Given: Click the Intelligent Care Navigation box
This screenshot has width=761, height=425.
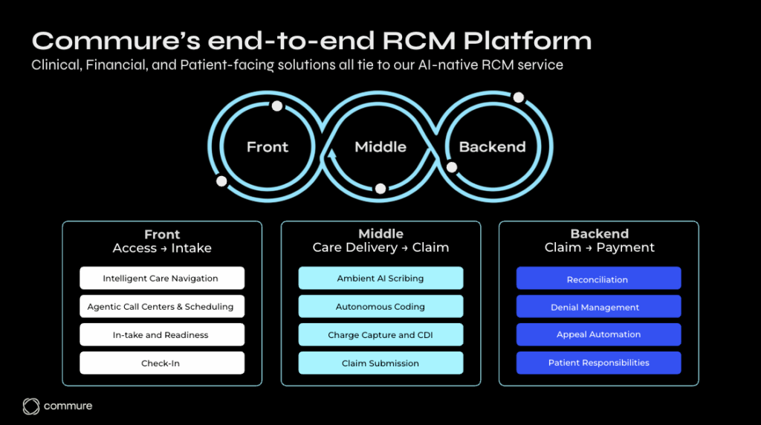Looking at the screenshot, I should click(x=161, y=279).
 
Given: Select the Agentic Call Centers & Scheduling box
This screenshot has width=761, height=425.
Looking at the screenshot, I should click(x=161, y=306).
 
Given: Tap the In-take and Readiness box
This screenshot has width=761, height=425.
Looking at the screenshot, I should click(x=161, y=334).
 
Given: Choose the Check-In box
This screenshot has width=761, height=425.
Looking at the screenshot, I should click(x=161, y=363).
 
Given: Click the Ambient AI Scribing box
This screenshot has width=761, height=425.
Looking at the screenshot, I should click(x=380, y=279).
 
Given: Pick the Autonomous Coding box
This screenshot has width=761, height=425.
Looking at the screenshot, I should click(x=380, y=306).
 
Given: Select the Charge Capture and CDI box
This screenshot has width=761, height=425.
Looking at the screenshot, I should click(x=380, y=334).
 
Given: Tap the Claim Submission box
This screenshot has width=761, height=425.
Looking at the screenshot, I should click(x=380, y=363).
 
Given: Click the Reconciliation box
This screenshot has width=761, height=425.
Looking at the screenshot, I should click(x=598, y=279).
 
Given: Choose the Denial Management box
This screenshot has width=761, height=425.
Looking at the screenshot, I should click(x=598, y=306).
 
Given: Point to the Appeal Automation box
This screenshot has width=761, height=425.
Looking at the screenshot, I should click(x=598, y=334).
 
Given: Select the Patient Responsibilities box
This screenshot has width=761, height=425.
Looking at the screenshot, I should click(x=598, y=363).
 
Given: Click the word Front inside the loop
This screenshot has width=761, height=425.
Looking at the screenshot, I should click(x=268, y=147).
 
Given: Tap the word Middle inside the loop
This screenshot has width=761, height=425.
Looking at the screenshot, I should click(x=380, y=147).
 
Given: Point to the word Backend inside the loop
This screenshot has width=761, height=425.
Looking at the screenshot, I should click(x=493, y=147).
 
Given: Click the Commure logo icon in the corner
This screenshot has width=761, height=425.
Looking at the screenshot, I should click(x=31, y=406).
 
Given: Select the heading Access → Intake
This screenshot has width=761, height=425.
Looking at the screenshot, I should click(x=162, y=248).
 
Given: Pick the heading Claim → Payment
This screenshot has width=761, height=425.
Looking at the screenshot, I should click(x=599, y=248).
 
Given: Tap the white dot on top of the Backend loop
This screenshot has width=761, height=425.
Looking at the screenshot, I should click(x=519, y=97).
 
